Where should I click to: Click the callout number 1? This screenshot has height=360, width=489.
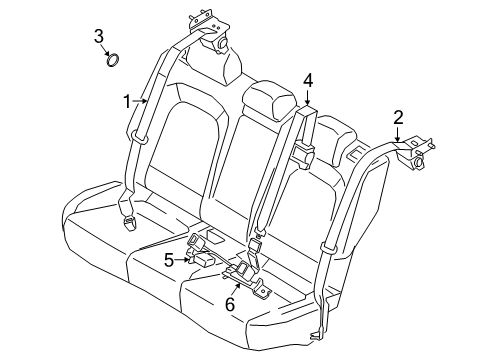(x=127, y=101)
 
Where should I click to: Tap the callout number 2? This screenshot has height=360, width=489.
(x=398, y=117)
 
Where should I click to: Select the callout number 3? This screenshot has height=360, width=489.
(x=99, y=36)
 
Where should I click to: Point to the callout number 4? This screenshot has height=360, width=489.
(x=307, y=81)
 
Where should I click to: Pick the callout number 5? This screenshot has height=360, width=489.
(x=169, y=260)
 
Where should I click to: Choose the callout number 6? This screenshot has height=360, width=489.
(x=230, y=304)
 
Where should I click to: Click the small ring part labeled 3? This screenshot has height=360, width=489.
(x=113, y=60)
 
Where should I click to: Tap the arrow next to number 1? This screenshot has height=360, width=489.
(x=140, y=101)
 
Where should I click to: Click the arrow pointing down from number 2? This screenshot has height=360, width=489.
(x=397, y=134)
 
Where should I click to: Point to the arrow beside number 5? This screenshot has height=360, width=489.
(x=184, y=259)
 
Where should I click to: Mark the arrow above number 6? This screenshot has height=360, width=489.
(x=236, y=289)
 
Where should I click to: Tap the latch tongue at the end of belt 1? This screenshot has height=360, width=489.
(x=128, y=223)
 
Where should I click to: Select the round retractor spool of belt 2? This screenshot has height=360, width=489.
(x=417, y=163)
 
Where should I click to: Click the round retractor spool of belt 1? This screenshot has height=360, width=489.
(x=221, y=44)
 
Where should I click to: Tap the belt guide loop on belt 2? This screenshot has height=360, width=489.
(x=330, y=247)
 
